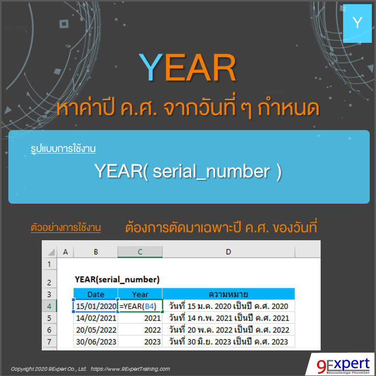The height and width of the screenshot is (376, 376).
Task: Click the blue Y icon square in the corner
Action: pos(357,22)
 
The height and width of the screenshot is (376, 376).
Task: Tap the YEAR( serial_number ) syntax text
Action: pos(188,171)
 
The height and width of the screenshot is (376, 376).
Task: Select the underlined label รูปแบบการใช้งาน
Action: pos(63,149)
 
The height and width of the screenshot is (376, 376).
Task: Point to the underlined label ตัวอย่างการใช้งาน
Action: pos(66,228)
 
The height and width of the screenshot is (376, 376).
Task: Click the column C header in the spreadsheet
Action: pos(140,252)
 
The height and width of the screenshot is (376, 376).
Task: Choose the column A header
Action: pos(65,252)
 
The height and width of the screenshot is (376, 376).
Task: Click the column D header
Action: pos(228,252)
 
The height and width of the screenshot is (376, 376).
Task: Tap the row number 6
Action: pos(49,330)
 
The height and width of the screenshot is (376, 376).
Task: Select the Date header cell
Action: pos(96,294)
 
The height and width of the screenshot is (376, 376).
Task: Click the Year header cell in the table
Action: pos(140,294)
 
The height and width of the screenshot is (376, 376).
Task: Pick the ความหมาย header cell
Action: pos(228,294)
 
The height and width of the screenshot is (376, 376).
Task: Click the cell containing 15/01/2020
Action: pos(96,306)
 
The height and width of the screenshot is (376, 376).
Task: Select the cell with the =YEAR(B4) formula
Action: pos(140,306)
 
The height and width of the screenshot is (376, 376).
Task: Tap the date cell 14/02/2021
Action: pos(96,318)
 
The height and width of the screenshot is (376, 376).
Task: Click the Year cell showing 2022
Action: pos(140,330)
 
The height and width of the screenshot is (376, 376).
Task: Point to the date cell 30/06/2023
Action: pos(96,342)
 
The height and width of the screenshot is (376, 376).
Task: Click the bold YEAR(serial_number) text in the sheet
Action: pos(117,279)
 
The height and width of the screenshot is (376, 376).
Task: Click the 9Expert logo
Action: pos(340,364)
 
